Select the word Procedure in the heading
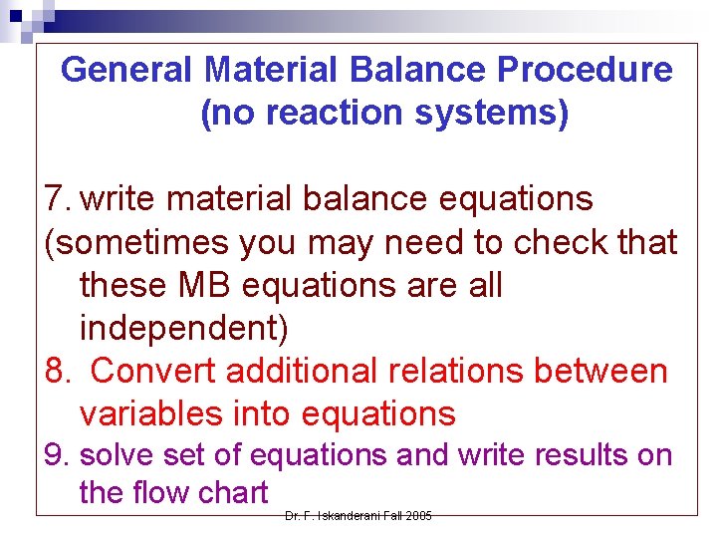(585, 70)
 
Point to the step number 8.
(58, 371)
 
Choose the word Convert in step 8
(153, 371)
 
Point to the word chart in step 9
(232, 492)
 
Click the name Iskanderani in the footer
(343, 515)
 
